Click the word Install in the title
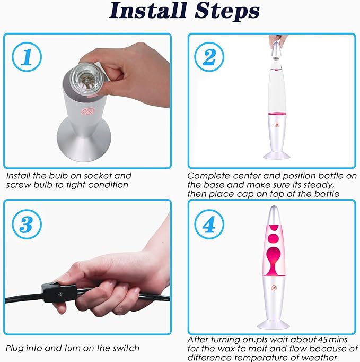pos(147,11)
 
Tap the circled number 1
pos(27,57)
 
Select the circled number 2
pos(209,57)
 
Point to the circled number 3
pos(27,224)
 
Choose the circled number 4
pos(209,224)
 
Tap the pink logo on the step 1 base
pos(88,111)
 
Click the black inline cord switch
pos(59,293)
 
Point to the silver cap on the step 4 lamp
pos(274,215)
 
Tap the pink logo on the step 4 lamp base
pos(274,288)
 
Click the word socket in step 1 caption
pos(98,176)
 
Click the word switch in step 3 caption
pos(126,348)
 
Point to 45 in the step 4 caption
pos(322,339)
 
